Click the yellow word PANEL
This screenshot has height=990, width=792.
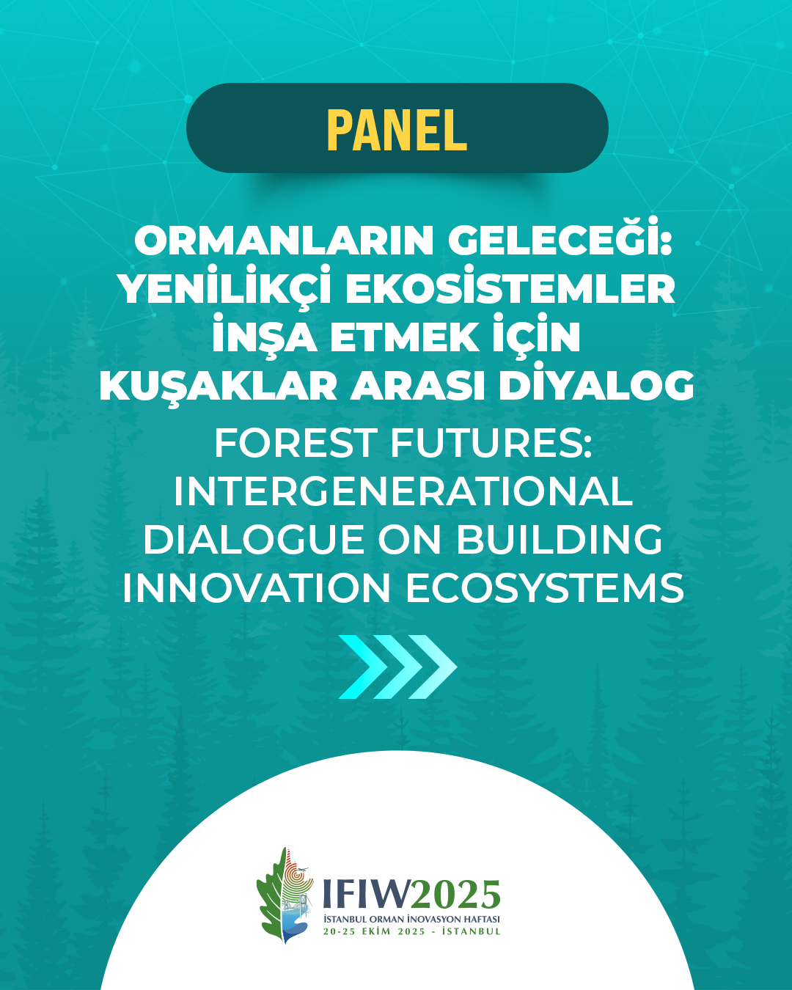pos(397,130)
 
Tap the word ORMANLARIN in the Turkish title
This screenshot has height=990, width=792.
pos(284,241)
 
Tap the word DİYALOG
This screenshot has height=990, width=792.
pos(596,381)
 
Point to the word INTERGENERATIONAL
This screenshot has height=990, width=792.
pos(403,491)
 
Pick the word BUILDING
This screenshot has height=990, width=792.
pos(559,540)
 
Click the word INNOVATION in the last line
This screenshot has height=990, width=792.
pos(256,588)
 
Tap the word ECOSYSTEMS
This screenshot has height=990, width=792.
pos(544,588)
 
